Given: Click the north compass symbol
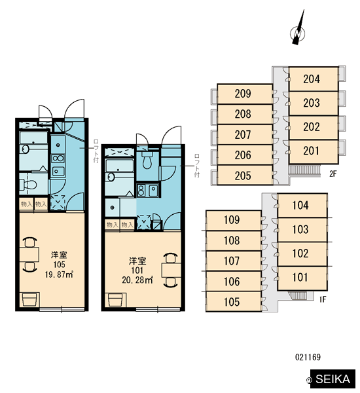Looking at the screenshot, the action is (298, 31).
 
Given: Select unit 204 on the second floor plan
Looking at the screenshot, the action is (314, 79).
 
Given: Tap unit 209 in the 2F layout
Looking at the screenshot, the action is (245, 94).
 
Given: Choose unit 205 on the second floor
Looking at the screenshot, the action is (245, 175).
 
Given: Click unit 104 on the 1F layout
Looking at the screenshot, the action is (302, 205).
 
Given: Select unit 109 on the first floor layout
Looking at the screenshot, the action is (234, 220).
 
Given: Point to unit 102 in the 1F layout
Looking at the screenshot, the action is (302, 253).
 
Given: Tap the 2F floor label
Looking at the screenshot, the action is (333, 174).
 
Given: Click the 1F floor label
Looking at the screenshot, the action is (323, 299).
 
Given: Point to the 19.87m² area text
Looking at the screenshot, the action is (59, 274).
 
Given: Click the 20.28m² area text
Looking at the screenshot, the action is (137, 280).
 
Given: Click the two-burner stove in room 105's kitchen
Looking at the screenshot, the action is (58, 159).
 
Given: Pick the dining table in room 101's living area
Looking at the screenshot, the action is (171, 270).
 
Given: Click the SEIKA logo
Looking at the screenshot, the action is (333, 379).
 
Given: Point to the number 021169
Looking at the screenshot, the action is (308, 357).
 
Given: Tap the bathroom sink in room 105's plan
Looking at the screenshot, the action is (26, 149).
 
